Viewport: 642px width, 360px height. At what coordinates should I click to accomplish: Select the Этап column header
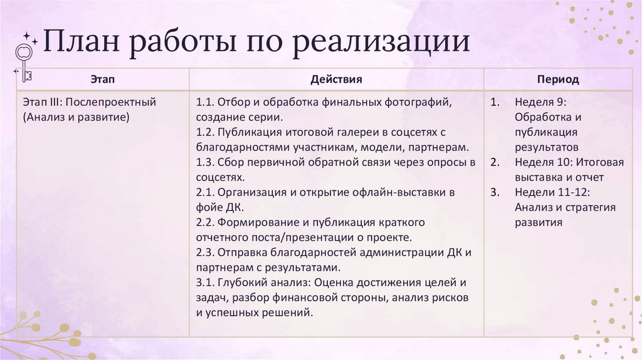(103, 80)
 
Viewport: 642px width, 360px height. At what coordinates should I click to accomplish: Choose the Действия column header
(336, 80)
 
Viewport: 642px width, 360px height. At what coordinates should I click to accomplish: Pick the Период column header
(557, 80)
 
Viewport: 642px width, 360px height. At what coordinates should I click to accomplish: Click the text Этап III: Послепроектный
(88, 102)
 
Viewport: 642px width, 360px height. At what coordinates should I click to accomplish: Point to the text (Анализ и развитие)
(75, 117)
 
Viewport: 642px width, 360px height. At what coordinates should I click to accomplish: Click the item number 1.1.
(206, 102)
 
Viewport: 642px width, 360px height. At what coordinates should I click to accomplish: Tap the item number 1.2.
(206, 132)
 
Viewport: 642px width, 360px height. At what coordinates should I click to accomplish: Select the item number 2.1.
(206, 192)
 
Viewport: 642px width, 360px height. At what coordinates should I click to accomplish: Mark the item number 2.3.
(206, 252)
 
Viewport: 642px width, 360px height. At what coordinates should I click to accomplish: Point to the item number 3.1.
(206, 282)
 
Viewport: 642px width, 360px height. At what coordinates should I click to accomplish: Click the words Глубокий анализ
(258, 282)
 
